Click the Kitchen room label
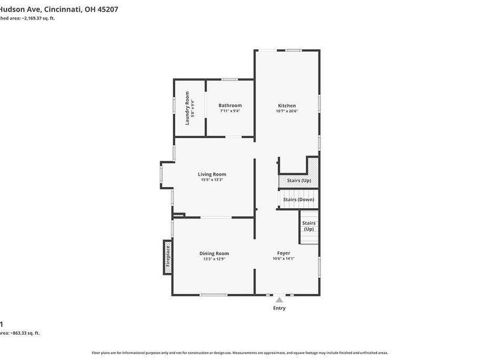click(286, 106)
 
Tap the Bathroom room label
click(230, 106)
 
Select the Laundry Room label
click(187, 107)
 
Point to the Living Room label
click(212, 174)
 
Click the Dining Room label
click(214, 253)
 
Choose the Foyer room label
click(283, 253)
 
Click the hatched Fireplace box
click(168, 257)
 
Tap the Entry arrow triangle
click(279, 299)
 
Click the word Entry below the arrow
click(280, 308)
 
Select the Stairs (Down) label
click(298, 200)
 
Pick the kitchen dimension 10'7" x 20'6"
click(287, 111)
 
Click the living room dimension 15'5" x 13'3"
click(212, 179)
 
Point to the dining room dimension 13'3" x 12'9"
click(214, 259)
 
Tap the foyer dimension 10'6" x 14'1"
click(284, 259)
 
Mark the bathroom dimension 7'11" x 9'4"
click(230, 111)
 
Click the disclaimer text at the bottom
click(239, 353)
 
